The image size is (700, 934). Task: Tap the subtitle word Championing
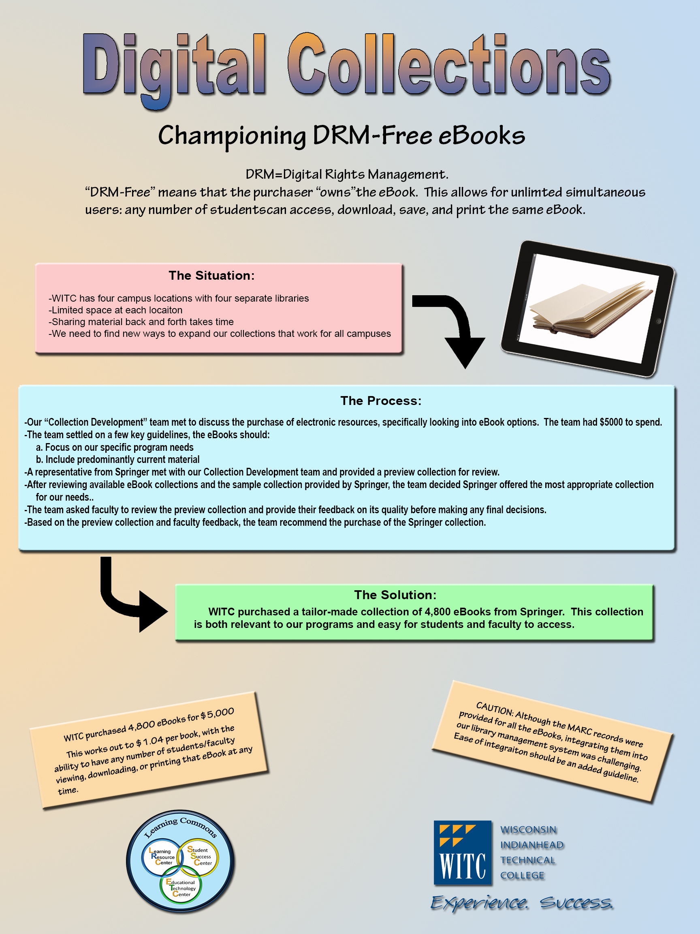[x=232, y=136]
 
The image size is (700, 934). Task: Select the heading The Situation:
[x=211, y=276]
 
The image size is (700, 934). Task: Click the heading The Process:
[x=381, y=401]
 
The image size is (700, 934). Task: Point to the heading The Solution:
[x=395, y=595]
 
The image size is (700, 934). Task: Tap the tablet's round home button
[x=658, y=321]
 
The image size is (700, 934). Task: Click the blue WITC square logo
[x=463, y=853]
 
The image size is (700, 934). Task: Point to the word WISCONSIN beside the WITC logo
[x=528, y=830]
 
